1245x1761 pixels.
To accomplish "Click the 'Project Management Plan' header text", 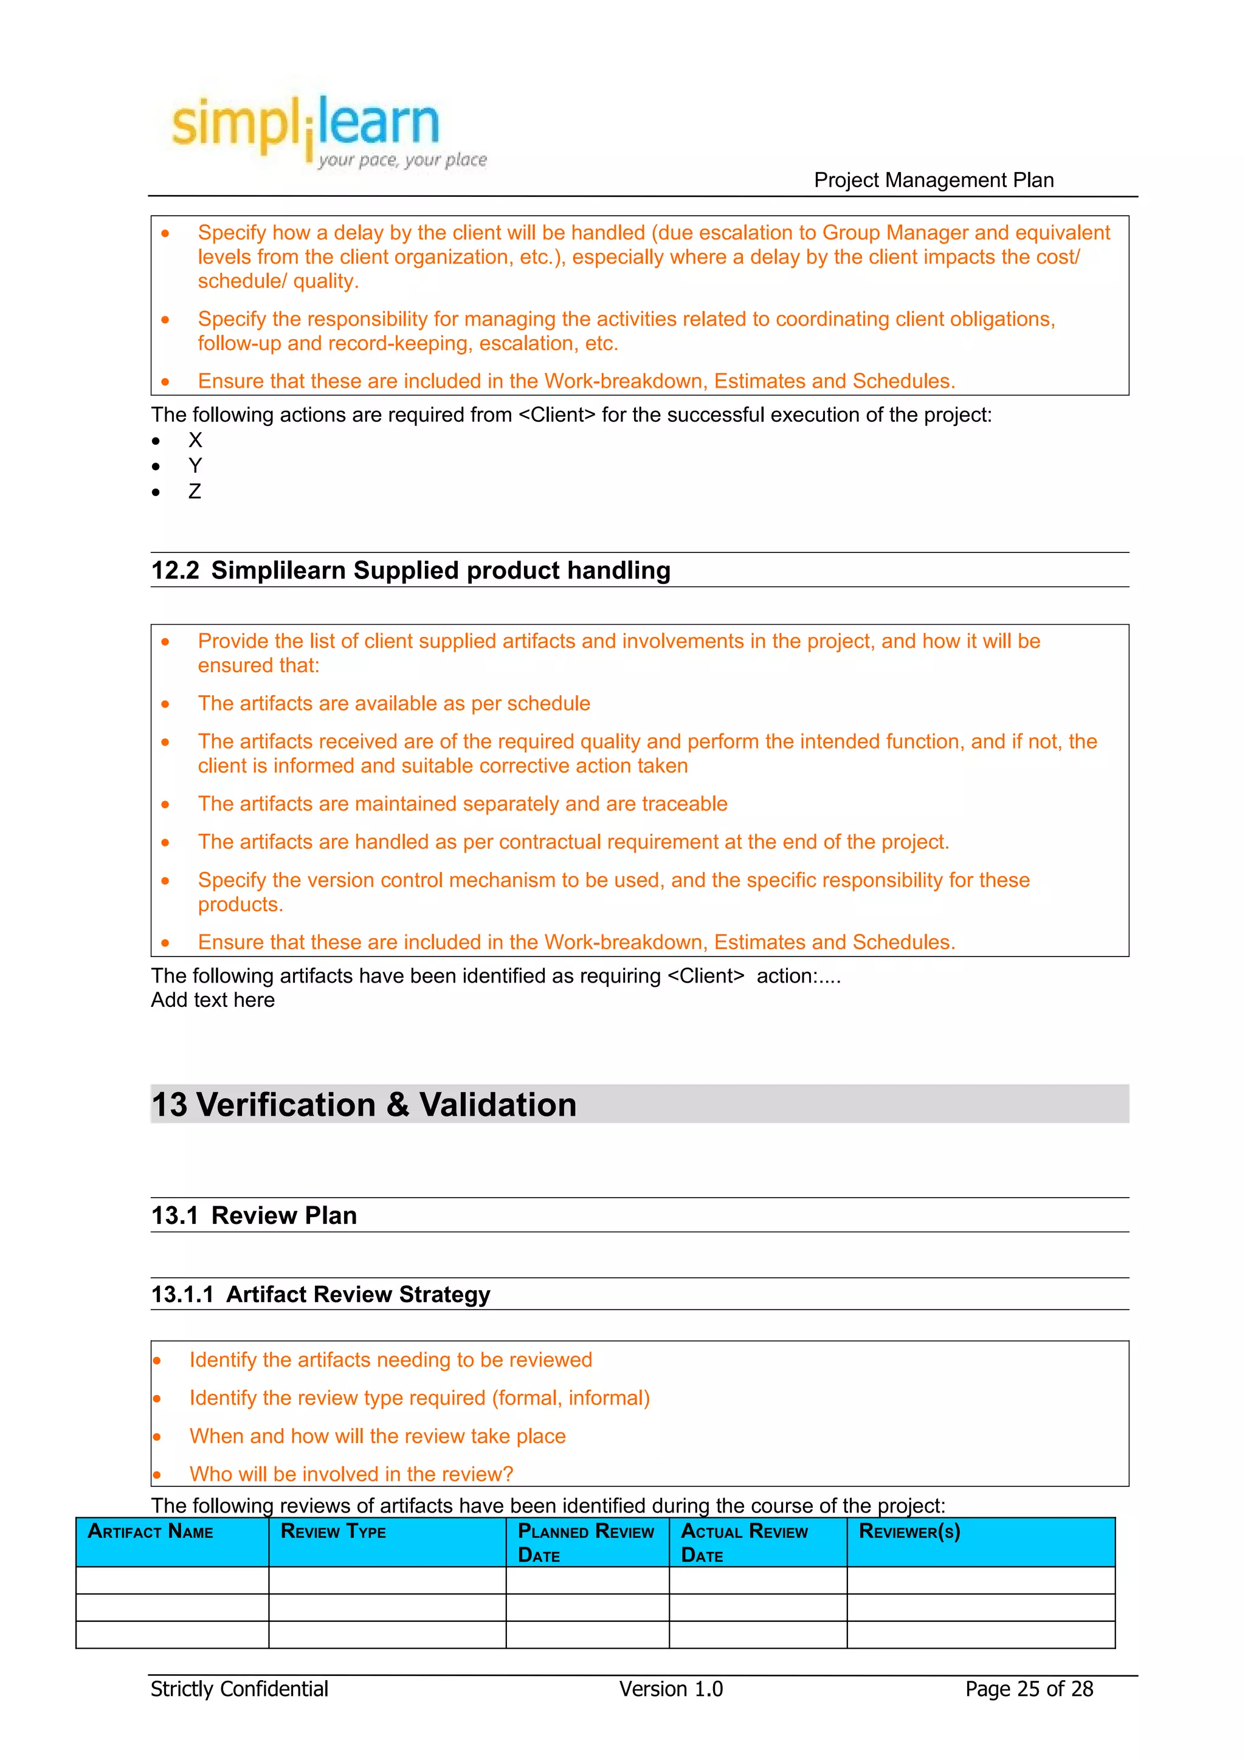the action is pyautogui.click(x=933, y=180).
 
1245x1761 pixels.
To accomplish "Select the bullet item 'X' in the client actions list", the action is pyautogui.click(x=195, y=440).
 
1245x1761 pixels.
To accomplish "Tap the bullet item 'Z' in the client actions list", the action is pyautogui.click(x=195, y=492).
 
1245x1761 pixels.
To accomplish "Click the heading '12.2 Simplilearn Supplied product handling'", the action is pyautogui.click(x=410, y=571).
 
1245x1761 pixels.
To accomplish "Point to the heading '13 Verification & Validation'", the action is pyautogui.click(x=364, y=1105).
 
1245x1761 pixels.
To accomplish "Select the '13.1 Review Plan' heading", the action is pyautogui.click(x=254, y=1216).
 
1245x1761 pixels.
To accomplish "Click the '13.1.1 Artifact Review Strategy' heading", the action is pyautogui.click(x=320, y=1295).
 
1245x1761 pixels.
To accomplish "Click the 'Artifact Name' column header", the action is pyautogui.click(x=150, y=1532).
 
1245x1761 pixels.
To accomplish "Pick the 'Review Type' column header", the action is pyautogui.click(x=333, y=1532).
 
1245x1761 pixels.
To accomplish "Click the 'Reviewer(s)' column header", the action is pyautogui.click(x=909, y=1532).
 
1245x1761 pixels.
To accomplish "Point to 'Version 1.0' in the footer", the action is pyautogui.click(x=671, y=1689).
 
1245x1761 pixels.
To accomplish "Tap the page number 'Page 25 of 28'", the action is pyautogui.click(x=1028, y=1689).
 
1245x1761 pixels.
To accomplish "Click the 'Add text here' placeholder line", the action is pyautogui.click(x=213, y=1000).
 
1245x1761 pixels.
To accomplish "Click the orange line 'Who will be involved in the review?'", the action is pyautogui.click(x=351, y=1474).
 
